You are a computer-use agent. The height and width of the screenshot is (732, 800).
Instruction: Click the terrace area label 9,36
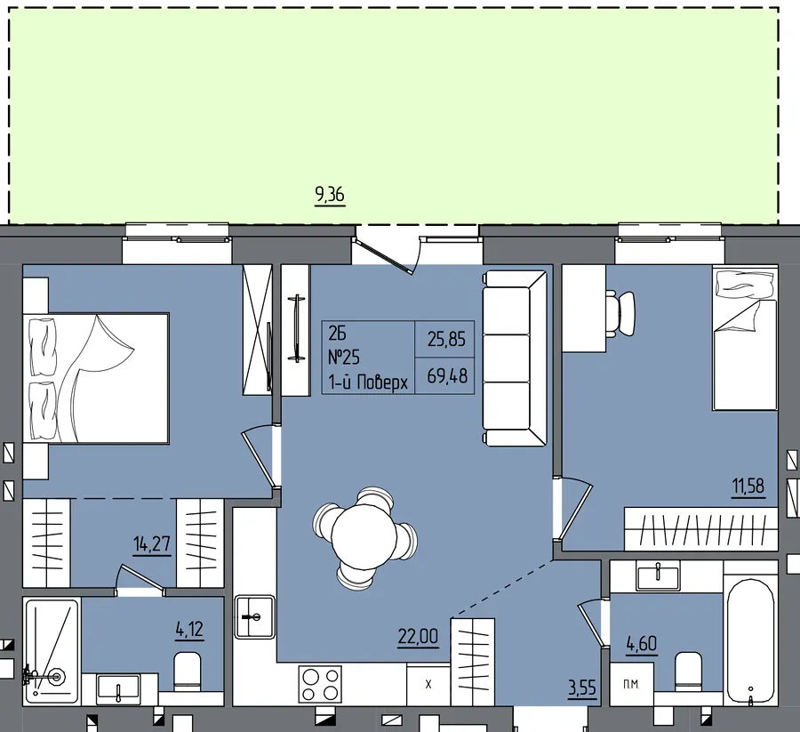point(330,195)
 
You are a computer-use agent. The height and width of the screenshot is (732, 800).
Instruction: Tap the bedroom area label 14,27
point(152,544)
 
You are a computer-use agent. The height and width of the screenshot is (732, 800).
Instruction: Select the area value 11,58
point(748,486)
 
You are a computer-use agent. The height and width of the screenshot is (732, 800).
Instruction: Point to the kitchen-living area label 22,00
point(418,637)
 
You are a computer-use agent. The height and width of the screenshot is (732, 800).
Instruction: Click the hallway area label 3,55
point(582,688)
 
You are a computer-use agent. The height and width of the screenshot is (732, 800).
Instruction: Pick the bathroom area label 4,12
point(190,630)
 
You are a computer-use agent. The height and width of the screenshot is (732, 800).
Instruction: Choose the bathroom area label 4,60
point(641,644)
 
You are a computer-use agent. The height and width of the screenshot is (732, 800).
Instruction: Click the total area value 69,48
point(447,376)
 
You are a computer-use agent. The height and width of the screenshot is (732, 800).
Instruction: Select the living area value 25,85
point(446,339)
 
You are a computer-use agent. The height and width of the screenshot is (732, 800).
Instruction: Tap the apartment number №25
point(343,358)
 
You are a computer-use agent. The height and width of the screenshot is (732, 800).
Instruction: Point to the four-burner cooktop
point(320,684)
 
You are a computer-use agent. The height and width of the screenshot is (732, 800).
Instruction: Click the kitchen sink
point(254,616)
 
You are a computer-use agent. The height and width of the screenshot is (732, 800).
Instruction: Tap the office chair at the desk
point(621,313)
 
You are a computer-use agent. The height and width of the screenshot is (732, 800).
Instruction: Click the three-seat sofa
point(515,358)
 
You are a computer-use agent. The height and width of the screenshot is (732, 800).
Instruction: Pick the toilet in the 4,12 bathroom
point(188,671)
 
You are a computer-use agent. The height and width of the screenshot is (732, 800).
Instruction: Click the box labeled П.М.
point(631,684)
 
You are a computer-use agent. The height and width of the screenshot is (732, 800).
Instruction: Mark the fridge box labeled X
point(428,684)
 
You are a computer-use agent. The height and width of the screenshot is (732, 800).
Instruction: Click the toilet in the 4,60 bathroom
point(688,672)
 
